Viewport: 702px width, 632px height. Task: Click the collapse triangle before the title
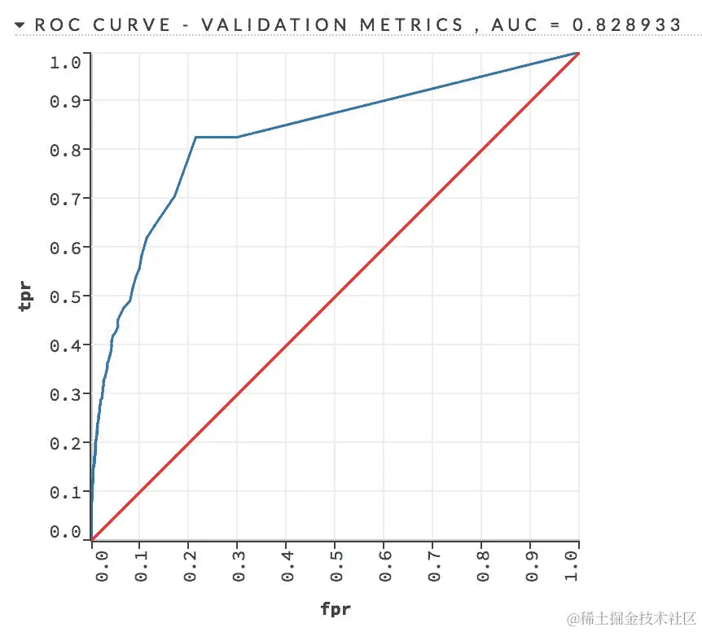[x=20, y=25]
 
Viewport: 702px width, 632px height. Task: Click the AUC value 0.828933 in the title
[x=627, y=25]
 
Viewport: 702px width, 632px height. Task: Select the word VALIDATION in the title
[x=260, y=25]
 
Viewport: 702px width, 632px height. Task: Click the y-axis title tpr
[x=27, y=296]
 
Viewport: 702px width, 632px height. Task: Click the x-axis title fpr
[x=335, y=608]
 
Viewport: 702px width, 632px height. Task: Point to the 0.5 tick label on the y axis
[x=65, y=296]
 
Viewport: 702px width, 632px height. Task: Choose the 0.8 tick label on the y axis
[x=65, y=150]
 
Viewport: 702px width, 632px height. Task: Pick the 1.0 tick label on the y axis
[x=65, y=61]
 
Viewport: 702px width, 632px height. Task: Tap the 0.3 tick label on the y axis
[x=65, y=394]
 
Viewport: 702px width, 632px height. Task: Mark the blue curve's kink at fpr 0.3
[x=237, y=137]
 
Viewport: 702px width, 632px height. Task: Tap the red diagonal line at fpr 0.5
[x=335, y=296]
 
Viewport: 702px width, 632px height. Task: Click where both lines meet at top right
[x=577, y=53]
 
